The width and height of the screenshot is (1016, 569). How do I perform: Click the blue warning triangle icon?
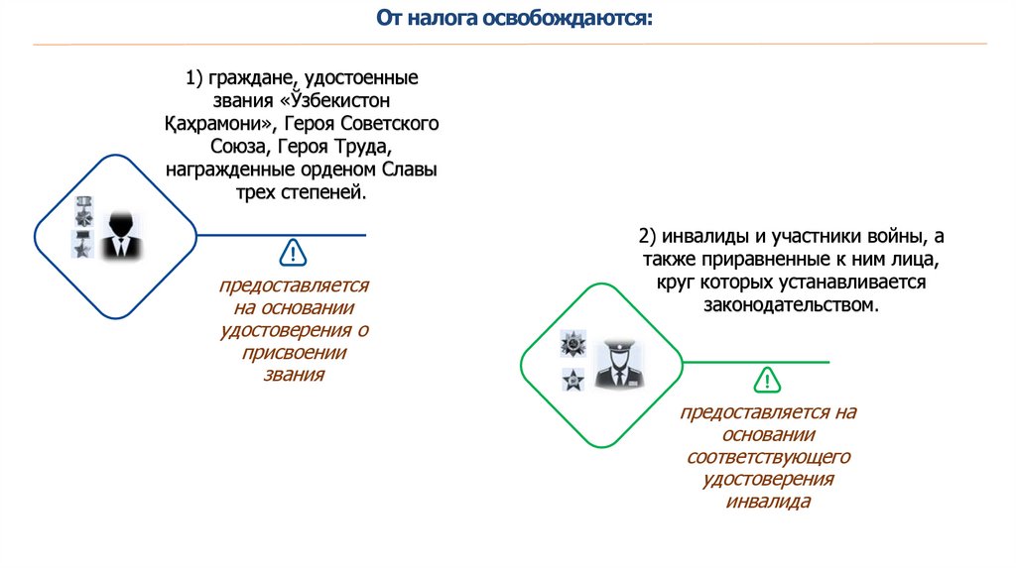click(x=294, y=253)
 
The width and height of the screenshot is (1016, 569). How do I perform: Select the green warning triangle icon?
click(x=767, y=381)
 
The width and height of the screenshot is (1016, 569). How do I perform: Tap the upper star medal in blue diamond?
click(x=82, y=215)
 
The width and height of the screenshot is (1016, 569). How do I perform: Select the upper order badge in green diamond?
click(x=574, y=344)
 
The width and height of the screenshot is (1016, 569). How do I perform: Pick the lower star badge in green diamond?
click(x=572, y=378)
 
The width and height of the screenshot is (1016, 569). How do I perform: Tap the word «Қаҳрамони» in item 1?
click(x=217, y=124)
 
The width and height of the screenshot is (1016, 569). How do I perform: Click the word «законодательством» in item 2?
click(x=792, y=304)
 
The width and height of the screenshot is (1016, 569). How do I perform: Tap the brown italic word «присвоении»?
click(x=294, y=353)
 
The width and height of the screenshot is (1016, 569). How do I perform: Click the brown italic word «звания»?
click(x=294, y=376)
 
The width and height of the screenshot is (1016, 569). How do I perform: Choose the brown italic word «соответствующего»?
click(x=769, y=457)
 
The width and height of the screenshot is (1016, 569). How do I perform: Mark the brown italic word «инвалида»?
click(x=769, y=502)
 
